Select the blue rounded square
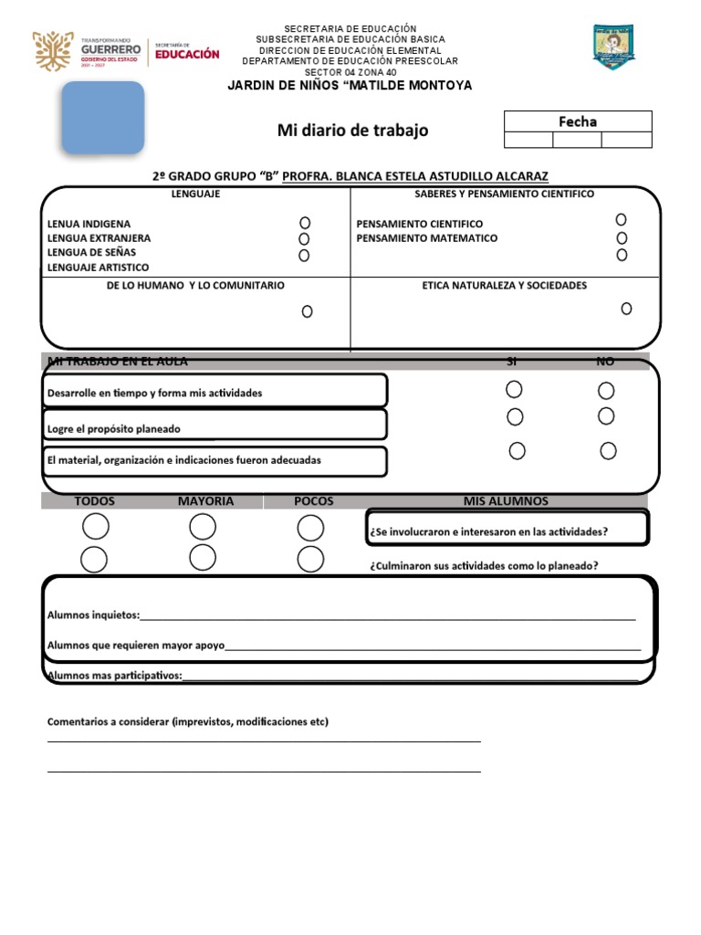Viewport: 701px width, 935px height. click(x=103, y=118)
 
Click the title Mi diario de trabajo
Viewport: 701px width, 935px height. click(x=352, y=131)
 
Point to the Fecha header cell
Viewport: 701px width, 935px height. click(x=578, y=121)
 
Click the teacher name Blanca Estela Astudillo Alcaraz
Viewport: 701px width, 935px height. click(x=415, y=175)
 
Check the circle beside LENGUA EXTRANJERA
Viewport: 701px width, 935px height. click(x=304, y=239)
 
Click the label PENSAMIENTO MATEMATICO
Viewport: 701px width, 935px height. click(x=426, y=238)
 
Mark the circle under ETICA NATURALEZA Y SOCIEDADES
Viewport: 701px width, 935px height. click(x=626, y=309)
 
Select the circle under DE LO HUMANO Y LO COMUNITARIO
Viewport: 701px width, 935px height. click(x=307, y=311)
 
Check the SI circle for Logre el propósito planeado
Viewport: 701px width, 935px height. click(x=515, y=417)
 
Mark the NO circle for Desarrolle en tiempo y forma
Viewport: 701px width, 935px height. click(x=606, y=391)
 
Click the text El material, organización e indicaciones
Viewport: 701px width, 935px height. click(x=183, y=461)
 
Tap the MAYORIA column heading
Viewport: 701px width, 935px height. click(x=205, y=501)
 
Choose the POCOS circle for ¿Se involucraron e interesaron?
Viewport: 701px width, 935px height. click(x=310, y=528)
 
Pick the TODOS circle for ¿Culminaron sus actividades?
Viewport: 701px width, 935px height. click(x=94, y=560)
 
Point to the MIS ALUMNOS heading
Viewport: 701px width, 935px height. click(x=506, y=501)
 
